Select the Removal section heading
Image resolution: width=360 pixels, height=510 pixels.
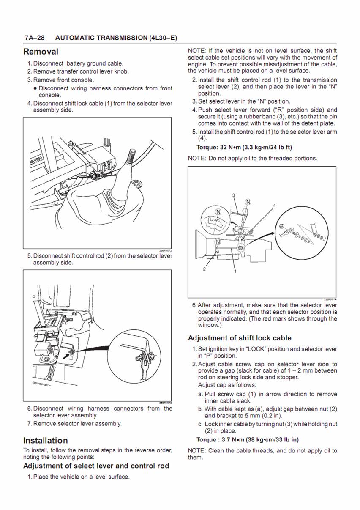pos(41,52)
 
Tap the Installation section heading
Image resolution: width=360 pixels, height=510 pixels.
pos(45,440)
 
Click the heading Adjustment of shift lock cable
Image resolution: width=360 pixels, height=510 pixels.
pos(240,338)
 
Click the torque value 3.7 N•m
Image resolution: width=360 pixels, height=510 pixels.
pos(219,439)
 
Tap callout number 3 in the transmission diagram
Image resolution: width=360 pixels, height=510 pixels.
pos(234,195)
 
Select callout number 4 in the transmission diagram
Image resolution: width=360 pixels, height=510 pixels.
pos(274,206)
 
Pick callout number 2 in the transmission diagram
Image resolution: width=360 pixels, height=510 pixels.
pos(204,269)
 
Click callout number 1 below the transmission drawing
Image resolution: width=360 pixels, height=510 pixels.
pos(235,271)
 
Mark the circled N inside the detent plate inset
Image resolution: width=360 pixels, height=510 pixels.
pos(218,211)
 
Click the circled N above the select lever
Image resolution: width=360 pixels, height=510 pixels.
pos(248,202)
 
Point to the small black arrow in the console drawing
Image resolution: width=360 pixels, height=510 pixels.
pos(66,356)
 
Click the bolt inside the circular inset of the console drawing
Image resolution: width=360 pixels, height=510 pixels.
pos(138,358)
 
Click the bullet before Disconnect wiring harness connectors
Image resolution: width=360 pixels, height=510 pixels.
pos(35,88)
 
